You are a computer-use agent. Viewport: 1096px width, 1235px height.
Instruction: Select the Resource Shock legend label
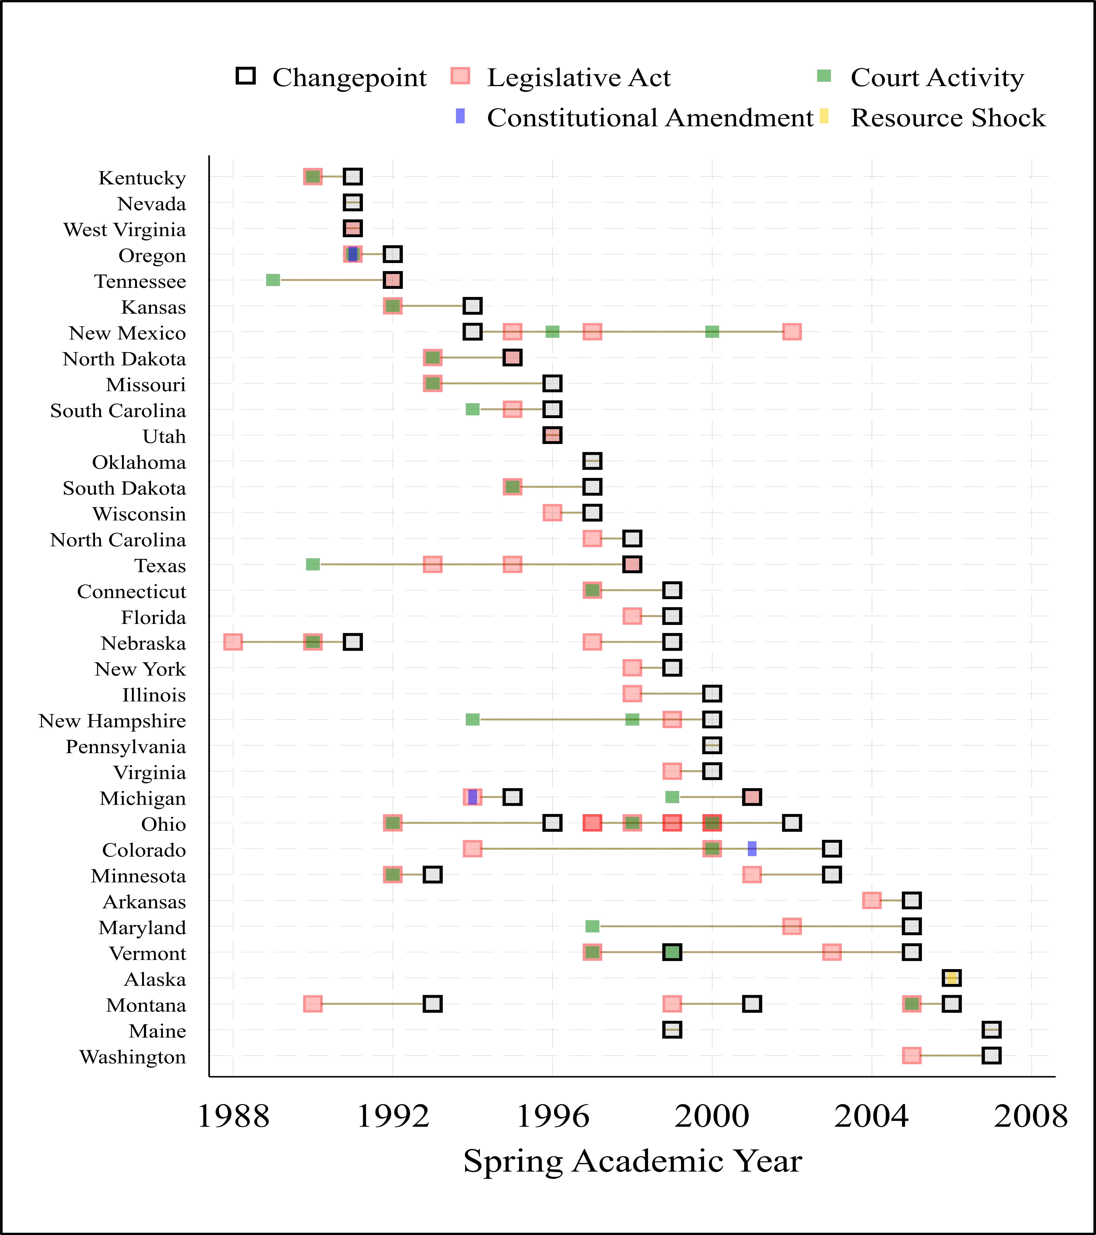947,118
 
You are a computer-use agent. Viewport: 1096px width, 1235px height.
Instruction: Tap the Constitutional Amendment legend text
649,118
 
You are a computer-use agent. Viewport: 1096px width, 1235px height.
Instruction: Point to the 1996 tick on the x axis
552,1117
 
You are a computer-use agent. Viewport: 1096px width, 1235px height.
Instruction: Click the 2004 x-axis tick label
871,1117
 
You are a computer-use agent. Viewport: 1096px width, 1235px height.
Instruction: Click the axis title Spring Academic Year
632,1161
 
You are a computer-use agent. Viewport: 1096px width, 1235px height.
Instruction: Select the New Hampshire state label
112,721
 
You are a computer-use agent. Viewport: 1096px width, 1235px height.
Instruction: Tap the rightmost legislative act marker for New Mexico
791,332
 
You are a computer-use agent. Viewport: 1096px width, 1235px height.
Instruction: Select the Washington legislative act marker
911,1056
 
